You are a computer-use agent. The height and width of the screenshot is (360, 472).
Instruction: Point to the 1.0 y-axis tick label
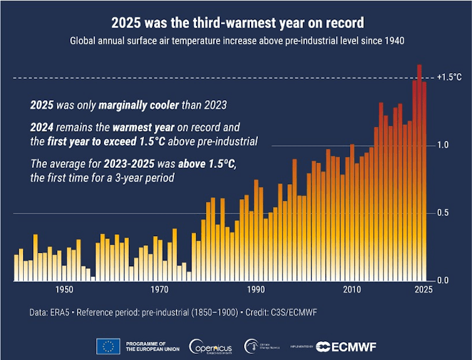[x=442, y=145]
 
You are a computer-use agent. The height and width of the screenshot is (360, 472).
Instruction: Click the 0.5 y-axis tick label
[x=442, y=213]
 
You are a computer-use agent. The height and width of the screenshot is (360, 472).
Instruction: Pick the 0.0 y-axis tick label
[x=442, y=280]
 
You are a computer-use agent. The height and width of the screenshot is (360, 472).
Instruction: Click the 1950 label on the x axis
[x=63, y=289]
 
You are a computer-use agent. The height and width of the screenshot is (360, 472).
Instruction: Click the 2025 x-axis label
[x=423, y=289]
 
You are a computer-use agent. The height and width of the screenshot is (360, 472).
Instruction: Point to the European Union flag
[x=108, y=346]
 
